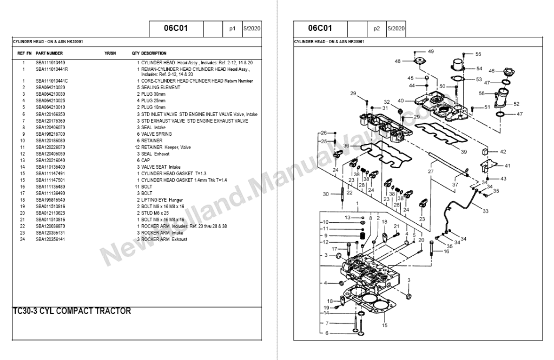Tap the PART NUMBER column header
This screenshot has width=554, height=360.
(49, 54)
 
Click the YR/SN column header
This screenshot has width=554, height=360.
(110, 54)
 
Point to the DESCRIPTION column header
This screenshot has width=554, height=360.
(154, 54)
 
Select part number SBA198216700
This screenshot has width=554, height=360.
(50, 134)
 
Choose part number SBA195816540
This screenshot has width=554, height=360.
(50, 199)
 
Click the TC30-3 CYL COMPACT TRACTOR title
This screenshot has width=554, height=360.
(71, 312)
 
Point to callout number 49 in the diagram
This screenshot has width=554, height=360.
(431, 51)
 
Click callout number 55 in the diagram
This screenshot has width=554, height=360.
(478, 54)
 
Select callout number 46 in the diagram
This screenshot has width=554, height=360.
(492, 71)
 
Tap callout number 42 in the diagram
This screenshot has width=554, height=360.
(503, 152)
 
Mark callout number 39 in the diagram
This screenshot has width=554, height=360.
(463, 152)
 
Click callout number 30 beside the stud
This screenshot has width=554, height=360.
(326, 194)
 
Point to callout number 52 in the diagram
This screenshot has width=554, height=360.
(516, 104)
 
